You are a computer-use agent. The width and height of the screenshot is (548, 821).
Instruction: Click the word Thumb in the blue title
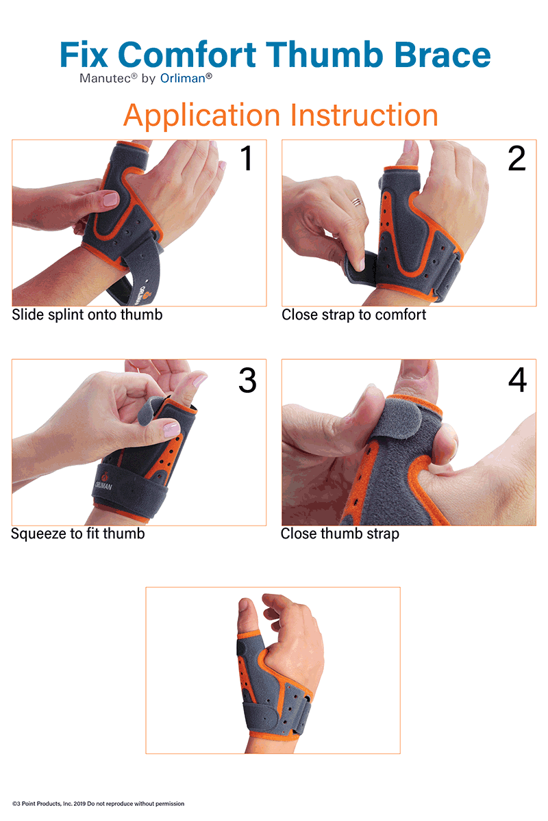[x=324, y=54]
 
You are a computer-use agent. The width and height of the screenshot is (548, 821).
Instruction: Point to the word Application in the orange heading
[x=201, y=116]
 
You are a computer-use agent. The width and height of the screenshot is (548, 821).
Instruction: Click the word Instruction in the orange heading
[x=364, y=115]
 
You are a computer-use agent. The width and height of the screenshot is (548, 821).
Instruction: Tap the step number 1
[x=247, y=158]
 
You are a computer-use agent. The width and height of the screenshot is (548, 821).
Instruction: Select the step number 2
[x=516, y=158]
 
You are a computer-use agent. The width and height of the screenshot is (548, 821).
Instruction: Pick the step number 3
[x=247, y=380]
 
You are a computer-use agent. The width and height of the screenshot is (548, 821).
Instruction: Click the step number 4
[x=518, y=380]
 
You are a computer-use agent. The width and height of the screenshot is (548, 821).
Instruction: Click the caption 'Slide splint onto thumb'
[x=87, y=315]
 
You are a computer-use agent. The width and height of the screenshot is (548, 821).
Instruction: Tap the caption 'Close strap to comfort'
[x=354, y=315]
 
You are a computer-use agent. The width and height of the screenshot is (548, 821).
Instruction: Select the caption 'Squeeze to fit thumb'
[x=78, y=534]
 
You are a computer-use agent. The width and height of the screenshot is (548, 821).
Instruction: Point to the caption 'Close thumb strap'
[x=340, y=534]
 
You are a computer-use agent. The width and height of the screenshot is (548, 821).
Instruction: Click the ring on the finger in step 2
[x=357, y=202]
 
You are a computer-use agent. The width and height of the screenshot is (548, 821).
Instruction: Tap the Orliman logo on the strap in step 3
[x=103, y=482]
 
